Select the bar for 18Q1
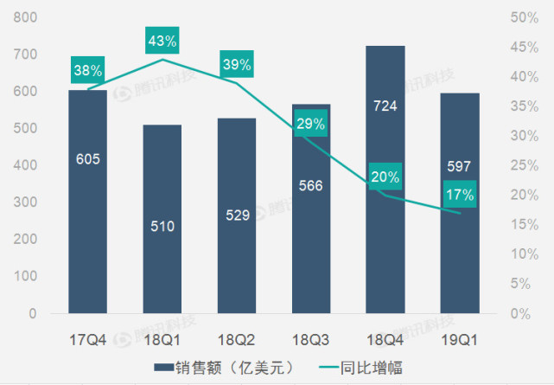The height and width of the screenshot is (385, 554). pos(162,260)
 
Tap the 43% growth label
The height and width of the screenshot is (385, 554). pos(162,41)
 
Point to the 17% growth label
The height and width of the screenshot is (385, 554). pos(460,195)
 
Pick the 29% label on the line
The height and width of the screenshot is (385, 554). pos(310,124)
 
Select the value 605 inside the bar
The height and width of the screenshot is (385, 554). pos(88,158)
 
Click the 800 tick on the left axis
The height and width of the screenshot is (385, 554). pos(26,18)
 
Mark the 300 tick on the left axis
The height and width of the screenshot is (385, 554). pos(26,202)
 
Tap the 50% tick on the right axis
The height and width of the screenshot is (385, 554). pos(526,18)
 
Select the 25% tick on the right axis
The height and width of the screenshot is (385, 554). pos(526,165)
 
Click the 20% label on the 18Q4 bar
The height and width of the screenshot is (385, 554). pos(385,176)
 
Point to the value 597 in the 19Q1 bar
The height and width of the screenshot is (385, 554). pos(459,165)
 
